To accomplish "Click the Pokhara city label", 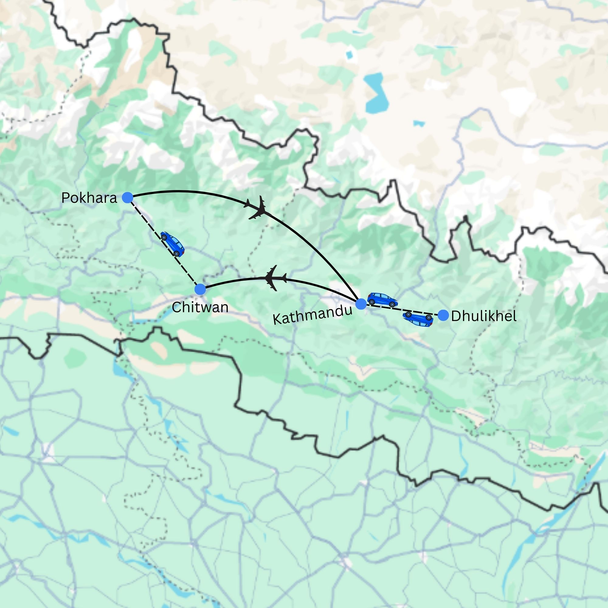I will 89,198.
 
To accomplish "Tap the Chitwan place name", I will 200,307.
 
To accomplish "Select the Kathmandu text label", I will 312,315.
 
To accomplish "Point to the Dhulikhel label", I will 484,316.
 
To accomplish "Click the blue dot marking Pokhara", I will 127,198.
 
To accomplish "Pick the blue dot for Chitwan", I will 200,289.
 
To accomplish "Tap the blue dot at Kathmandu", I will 361,304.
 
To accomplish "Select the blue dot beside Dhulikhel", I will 444,315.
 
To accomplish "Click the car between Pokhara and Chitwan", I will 172,244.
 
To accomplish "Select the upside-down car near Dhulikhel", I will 418,320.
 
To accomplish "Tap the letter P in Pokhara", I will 65,198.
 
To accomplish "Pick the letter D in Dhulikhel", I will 455,316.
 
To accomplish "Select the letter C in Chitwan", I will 176,307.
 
